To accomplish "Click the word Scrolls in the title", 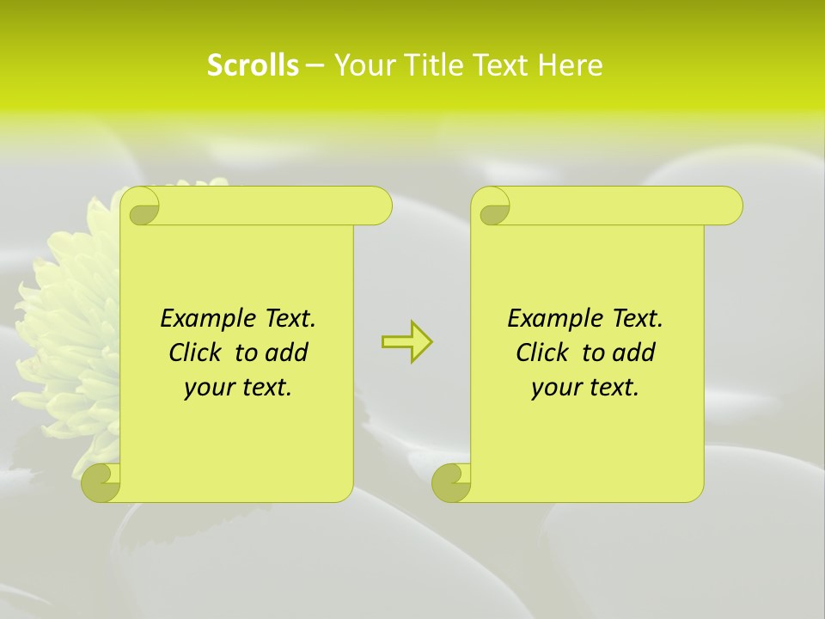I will pos(253,65).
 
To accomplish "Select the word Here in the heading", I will pos(570,65).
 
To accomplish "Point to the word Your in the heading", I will pos(362,65).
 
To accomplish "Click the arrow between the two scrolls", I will pos(406,342).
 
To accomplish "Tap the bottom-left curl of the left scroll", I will pos(101,482).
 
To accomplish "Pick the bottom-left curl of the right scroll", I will pos(451,482).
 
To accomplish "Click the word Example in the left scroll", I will pos(205,318).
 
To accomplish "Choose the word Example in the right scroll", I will pos(553,318).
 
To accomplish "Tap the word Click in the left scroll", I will pos(198,352).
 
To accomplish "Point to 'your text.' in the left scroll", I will pos(238,388).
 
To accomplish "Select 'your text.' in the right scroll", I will pos(585,388).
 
